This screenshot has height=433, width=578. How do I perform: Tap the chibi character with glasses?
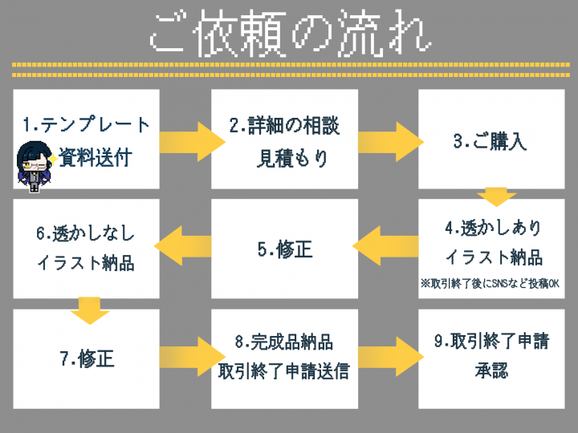(35, 167)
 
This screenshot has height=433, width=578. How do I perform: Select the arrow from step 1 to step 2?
(193, 142)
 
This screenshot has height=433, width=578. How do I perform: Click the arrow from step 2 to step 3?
(391, 142)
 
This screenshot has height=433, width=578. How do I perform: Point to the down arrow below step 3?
(496, 197)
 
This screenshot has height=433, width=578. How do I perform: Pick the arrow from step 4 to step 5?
(385, 246)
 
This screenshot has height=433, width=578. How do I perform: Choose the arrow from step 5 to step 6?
(182, 246)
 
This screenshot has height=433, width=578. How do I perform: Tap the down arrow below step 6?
(90, 311)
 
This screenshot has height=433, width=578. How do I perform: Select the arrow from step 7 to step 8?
(193, 356)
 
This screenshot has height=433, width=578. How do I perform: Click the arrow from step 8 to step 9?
(391, 356)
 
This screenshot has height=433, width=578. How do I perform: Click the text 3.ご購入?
(490, 141)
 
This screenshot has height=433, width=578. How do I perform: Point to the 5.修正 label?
(285, 249)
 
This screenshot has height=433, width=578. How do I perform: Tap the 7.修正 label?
(87, 358)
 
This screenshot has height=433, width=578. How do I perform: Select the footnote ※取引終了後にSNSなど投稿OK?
(490, 284)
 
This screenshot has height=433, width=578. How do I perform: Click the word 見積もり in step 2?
(292, 158)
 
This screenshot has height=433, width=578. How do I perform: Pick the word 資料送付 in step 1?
(95, 158)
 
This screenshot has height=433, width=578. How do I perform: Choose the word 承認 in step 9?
(491, 370)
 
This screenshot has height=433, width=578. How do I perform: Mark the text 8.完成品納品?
(284, 342)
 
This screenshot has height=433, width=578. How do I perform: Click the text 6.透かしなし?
(86, 233)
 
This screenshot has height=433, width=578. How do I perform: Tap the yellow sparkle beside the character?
(53, 160)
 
